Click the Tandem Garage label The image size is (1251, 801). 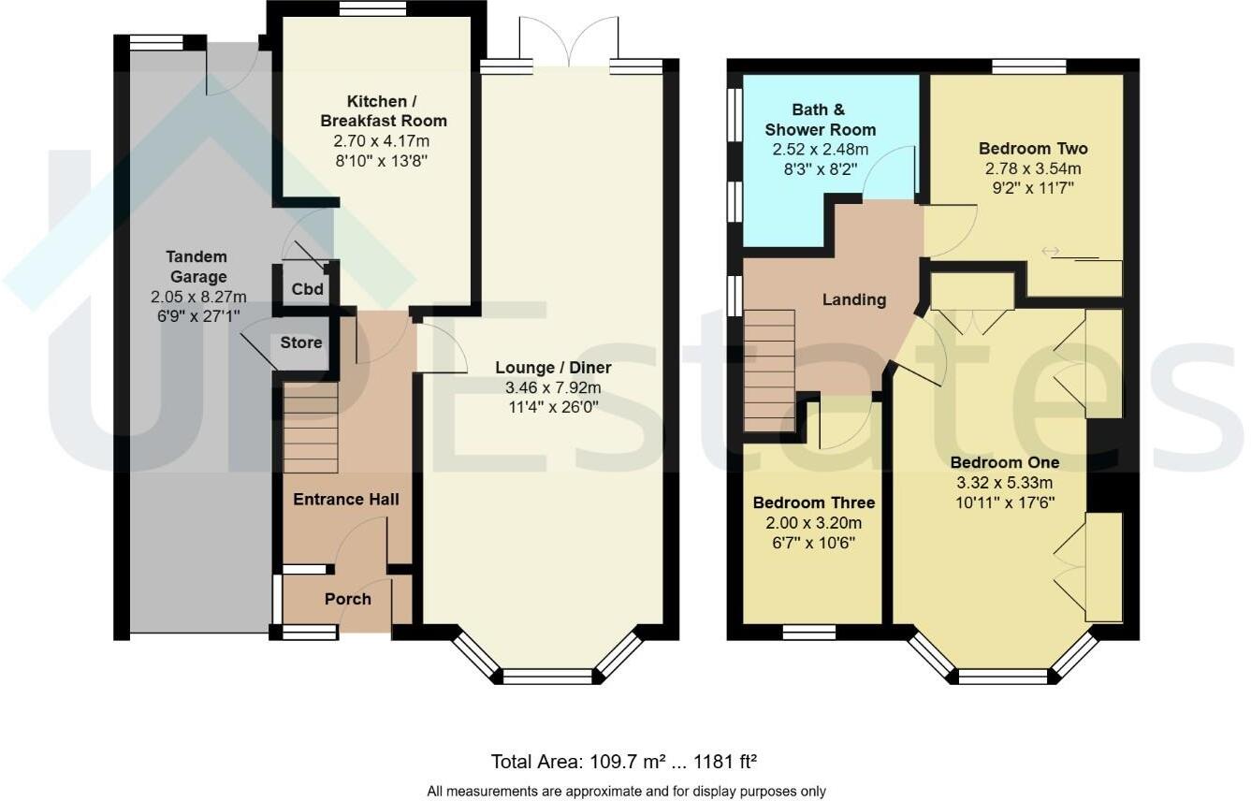pyautogui.click(x=196, y=267)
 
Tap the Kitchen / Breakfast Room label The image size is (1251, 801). pyautogui.click(x=384, y=110)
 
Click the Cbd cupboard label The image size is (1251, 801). pyautogui.click(x=307, y=289)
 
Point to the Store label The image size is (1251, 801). pyautogui.click(x=301, y=342)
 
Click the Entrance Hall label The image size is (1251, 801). pyautogui.click(x=346, y=499)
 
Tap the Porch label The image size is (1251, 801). pyautogui.click(x=347, y=599)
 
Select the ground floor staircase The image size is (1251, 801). pyautogui.click(x=311, y=428)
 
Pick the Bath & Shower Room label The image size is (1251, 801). pyautogui.click(x=820, y=119)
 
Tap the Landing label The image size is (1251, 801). pyautogui.click(x=853, y=299)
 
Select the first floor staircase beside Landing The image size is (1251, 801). pyautogui.click(x=769, y=371)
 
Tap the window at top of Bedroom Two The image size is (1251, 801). pyautogui.click(x=1028, y=66)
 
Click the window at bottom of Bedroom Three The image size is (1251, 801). pyautogui.click(x=808, y=633)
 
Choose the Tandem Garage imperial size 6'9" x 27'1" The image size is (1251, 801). pyautogui.click(x=196, y=316)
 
